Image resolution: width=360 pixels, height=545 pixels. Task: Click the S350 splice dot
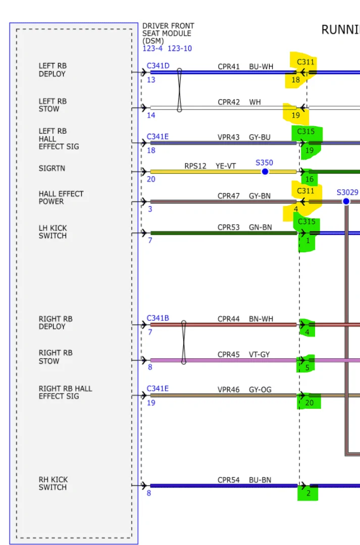(x=265, y=172)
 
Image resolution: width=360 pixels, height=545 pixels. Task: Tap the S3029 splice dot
(x=346, y=201)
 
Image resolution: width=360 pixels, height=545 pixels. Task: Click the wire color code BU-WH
(x=260, y=67)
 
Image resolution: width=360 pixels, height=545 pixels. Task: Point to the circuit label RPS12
(x=195, y=166)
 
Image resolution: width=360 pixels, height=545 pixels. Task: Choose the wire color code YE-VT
(x=226, y=166)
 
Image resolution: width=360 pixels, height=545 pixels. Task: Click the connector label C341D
(x=158, y=66)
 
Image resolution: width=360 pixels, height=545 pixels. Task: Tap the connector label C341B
(x=158, y=318)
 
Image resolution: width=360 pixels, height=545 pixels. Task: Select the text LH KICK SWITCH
(x=53, y=232)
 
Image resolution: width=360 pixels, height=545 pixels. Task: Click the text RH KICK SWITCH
(x=53, y=483)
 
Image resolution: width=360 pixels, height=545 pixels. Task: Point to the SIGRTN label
(x=52, y=169)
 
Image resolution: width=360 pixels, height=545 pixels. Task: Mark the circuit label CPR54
(x=229, y=480)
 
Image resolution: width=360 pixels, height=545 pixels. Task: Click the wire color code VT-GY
(x=260, y=355)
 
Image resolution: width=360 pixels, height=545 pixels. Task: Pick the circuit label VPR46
(x=229, y=390)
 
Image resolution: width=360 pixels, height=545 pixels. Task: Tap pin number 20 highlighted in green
(x=310, y=403)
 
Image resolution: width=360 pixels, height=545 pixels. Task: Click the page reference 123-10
(x=180, y=48)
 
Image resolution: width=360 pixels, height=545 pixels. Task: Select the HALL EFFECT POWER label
(x=61, y=198)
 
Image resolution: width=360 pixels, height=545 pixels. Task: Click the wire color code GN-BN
(x=261, y=228)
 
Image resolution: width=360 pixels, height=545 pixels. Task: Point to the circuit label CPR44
(x=229, y=319)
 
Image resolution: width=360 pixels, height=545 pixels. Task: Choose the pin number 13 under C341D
(x=151, y=80)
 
